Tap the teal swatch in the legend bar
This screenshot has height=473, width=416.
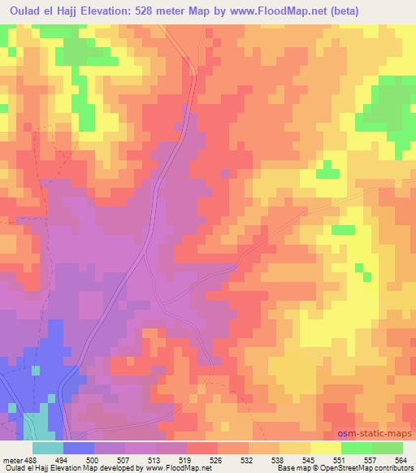pos(47,447)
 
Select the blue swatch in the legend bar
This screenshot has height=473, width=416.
pos(78,447)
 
